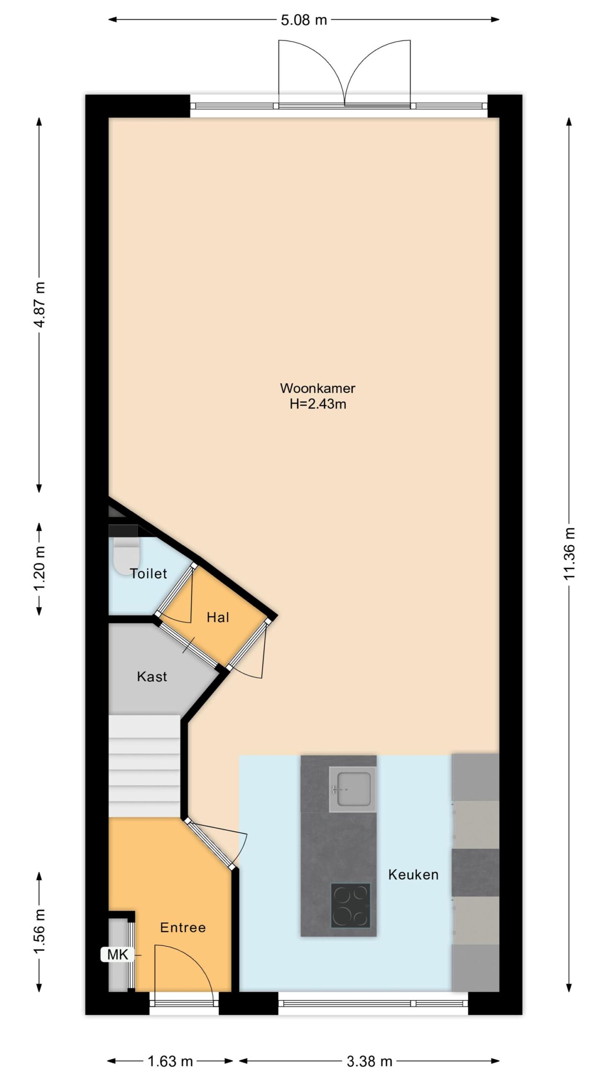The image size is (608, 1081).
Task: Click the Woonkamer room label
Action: [x=318, y=388]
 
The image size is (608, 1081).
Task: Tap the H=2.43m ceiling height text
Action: [x=318, y=404]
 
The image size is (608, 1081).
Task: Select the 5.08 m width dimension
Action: [x=304, y=20]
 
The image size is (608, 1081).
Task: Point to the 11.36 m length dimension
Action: [x=570, y=553]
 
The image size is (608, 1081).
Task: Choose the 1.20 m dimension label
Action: [x=40, y=569]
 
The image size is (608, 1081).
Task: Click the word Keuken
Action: [x=413, y=875]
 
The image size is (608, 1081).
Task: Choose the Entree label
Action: [x=183, y=927]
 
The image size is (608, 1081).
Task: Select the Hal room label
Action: [x=218, y=617]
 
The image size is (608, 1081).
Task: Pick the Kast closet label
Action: [x=152, y=676]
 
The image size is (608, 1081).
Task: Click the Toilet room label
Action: [x=148, y=573]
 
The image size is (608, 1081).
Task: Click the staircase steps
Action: [x=144, y=766]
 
